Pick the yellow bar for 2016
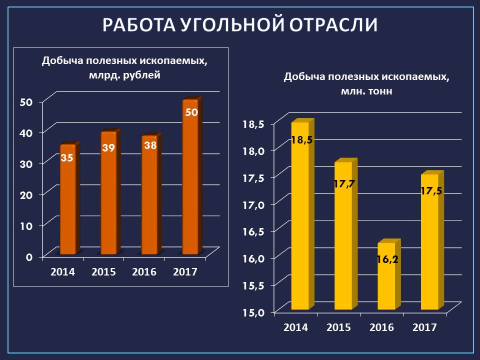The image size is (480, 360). (386, 280)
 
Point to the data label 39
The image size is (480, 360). (108, 148)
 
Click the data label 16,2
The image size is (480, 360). (387, 259)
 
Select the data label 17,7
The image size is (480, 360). (344, 184)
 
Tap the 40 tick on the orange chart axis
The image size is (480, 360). (26, 133)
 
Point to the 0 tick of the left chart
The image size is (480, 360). (29, 257)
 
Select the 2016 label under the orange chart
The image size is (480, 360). (144, 272)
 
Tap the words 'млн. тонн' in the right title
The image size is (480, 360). (366, 91)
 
